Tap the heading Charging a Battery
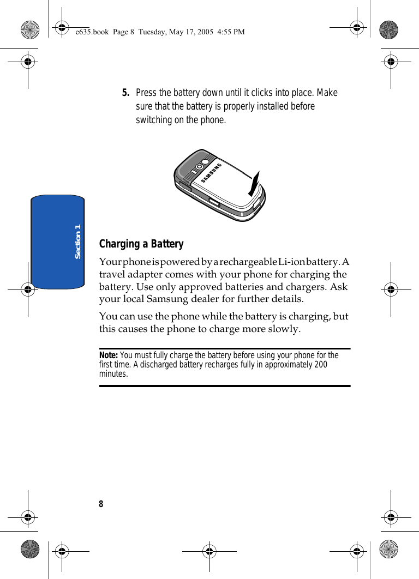(141, 244)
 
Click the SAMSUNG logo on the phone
(212, 172)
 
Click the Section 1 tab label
(77, 241)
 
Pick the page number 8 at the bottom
(101, 504)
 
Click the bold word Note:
(109, 355)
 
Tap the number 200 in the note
(320, 365)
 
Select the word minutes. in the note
(113, 374)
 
